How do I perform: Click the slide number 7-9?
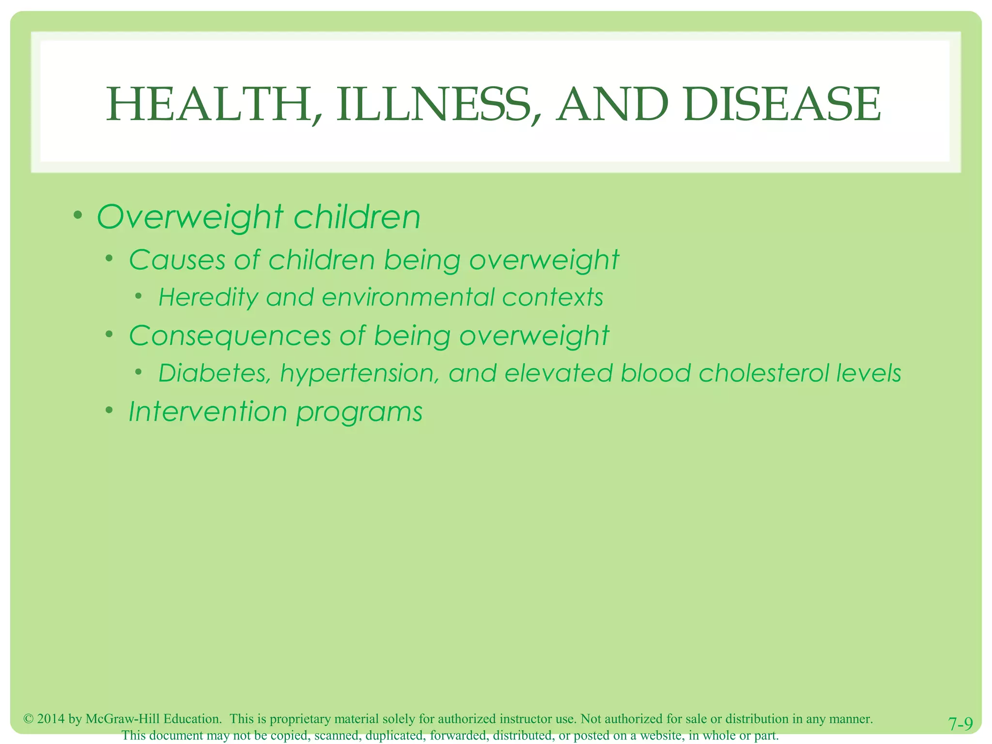pos(961,724)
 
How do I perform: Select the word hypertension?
pos(360,373)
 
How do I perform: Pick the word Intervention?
pos(208,412)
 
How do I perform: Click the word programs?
pos(359,413)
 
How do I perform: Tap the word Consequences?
pos(230,336)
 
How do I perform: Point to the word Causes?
pos(177,260)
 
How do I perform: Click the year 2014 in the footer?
pos(51,719)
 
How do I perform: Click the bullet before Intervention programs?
pos(110,411)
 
